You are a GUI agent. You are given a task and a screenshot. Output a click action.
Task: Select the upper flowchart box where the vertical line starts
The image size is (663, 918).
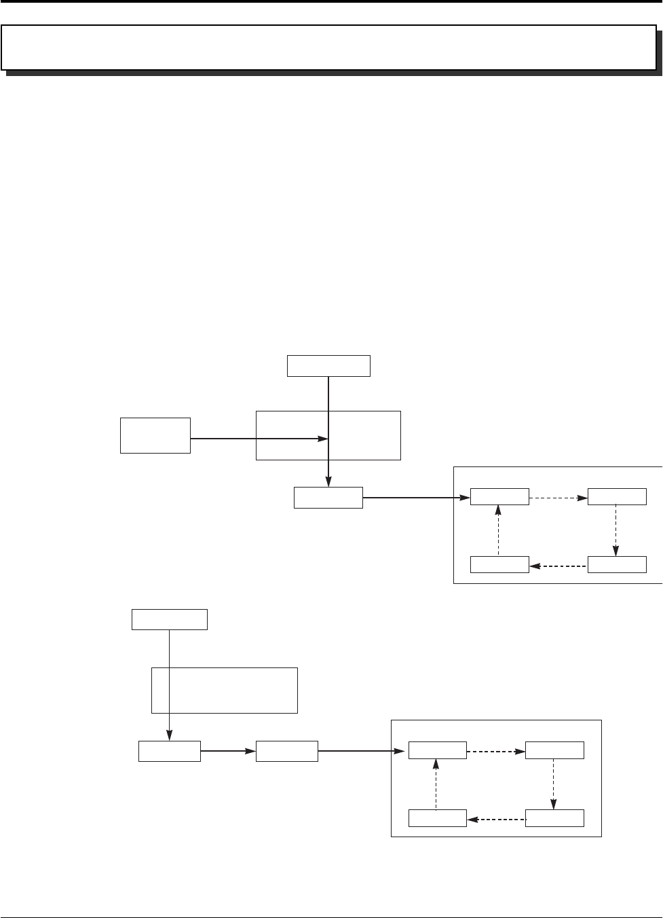(328, 365)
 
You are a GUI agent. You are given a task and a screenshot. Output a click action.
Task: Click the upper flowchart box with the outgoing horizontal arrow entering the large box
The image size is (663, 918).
(155, 435)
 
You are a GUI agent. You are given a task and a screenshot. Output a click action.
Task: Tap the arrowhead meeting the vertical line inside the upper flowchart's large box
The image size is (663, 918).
(324, 439)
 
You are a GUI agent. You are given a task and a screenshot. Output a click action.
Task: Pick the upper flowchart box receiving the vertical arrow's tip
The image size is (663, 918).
(328, 498)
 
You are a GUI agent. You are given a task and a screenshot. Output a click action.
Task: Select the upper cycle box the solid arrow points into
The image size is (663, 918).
(499, 496)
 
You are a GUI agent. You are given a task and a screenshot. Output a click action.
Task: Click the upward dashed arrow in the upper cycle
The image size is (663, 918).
(499, 530)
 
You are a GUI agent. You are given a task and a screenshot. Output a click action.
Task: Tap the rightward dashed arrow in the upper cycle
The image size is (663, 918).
(558, 498)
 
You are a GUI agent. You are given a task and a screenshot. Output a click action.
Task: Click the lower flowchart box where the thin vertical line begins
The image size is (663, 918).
(169, 620)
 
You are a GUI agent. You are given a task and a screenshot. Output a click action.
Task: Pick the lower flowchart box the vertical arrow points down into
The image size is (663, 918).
(169, 751)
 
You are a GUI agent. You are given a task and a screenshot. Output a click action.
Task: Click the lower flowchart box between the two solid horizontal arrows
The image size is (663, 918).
(286, 751)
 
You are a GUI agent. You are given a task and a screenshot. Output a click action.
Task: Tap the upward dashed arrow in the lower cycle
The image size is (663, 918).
(437, 784)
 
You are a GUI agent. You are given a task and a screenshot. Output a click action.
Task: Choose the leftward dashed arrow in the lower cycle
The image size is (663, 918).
(496, 820)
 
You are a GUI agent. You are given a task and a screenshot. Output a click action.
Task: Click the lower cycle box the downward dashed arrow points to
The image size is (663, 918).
(554, 818)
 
